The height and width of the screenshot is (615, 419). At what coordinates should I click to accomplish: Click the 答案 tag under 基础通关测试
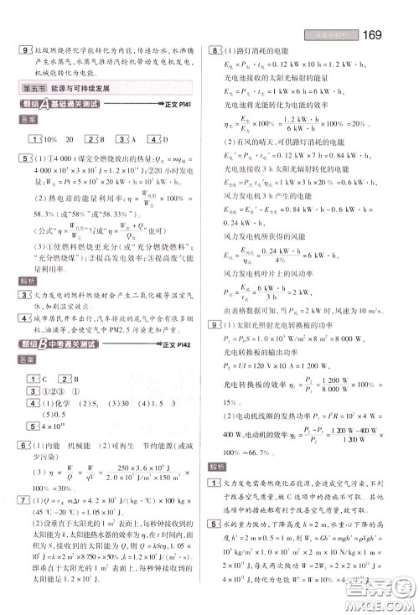(x=28, y=120)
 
